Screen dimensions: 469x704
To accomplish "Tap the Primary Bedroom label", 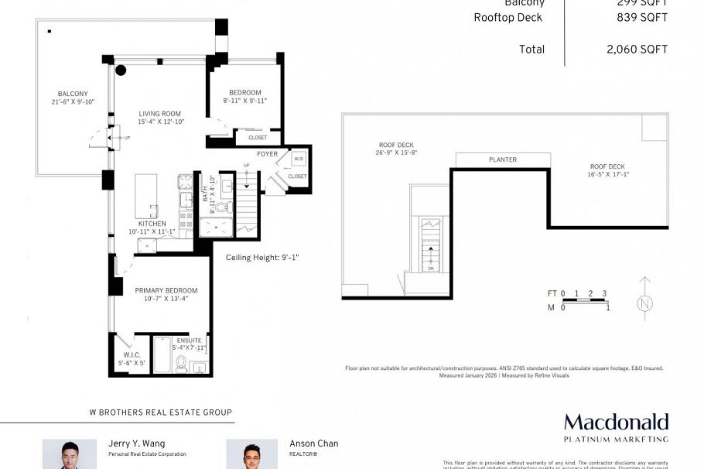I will pos(166,290).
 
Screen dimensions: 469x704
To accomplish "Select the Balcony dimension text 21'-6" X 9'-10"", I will pos(72,101).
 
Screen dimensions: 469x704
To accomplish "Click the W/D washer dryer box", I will pos(298,159).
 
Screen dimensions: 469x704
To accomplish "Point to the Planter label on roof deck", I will pos(503,160).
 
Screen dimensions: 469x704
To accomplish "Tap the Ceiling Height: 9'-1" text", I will pos(262,258).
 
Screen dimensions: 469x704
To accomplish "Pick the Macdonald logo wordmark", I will pos(616,423).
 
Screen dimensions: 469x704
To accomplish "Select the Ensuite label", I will pos(189,340).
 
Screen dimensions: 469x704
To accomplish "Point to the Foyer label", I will pos(267,154).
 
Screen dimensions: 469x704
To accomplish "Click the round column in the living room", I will pos(121,70).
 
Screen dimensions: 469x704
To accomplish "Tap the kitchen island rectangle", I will pos(146,198).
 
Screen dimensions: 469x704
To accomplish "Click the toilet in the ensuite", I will pos(182,363).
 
